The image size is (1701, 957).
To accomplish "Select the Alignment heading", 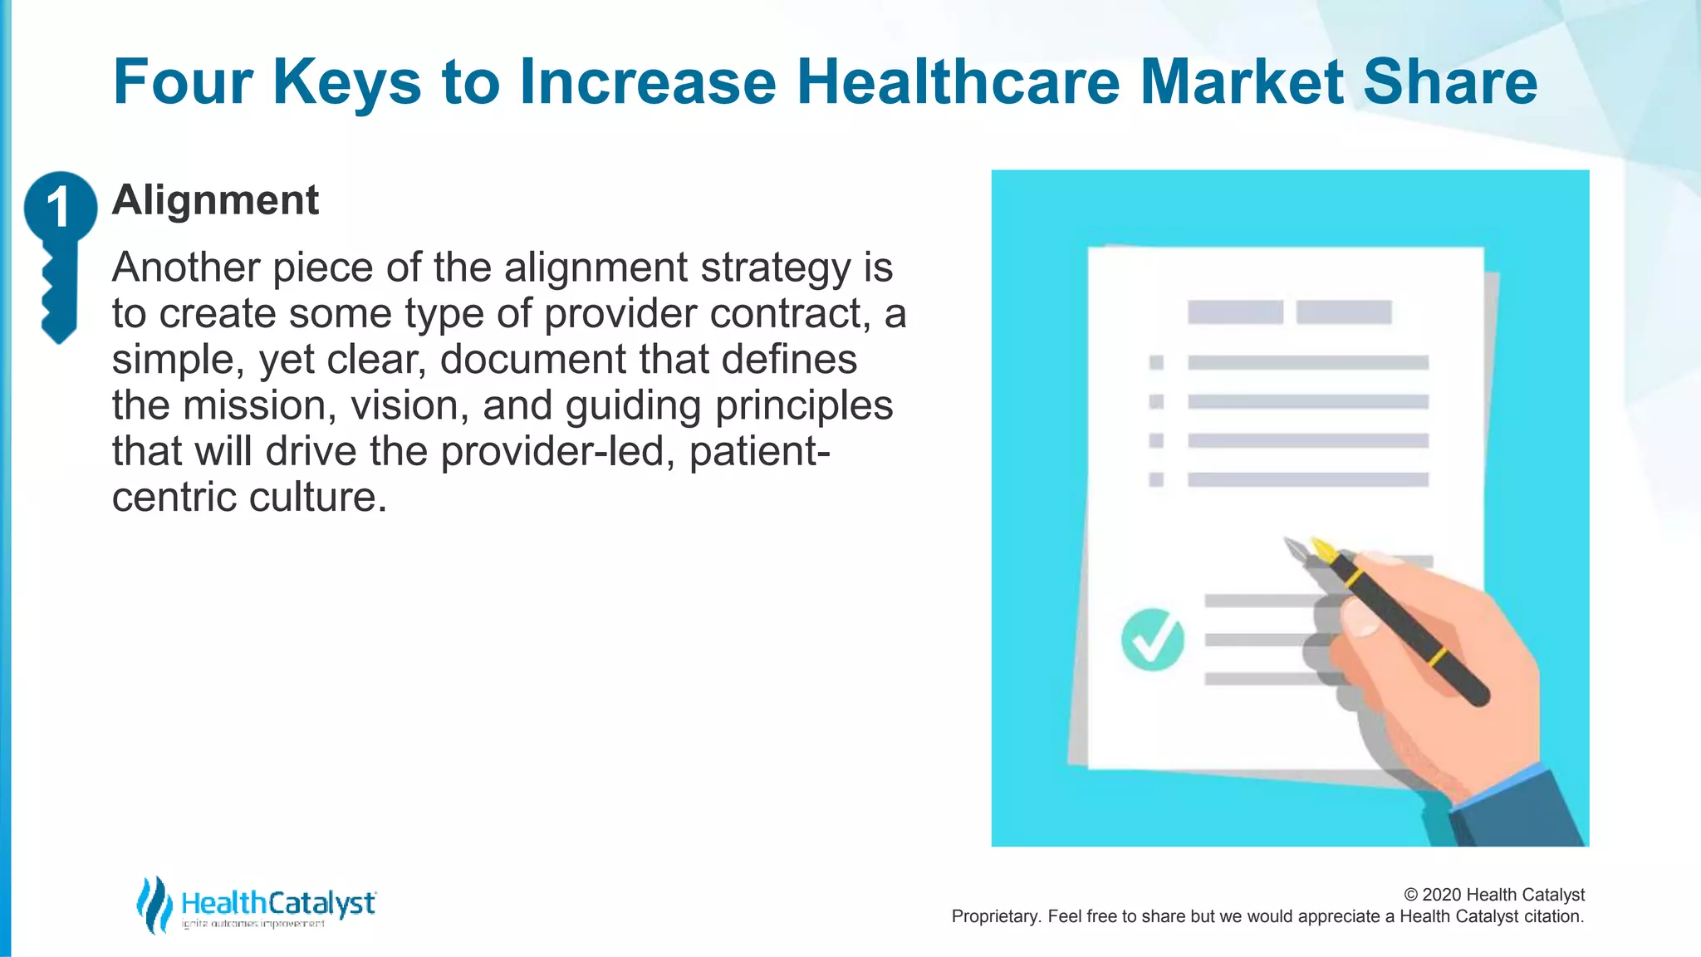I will (x=215, y=200).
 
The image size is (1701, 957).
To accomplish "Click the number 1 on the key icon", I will (x=58, y=207).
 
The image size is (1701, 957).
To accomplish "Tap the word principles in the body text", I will (x=803, y=406).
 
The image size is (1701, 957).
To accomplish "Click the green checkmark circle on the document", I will (x=1152, y=639).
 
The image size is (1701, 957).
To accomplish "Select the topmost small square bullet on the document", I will (x=1156, y=362).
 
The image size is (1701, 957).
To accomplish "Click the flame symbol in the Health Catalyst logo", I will (x=154, y=904).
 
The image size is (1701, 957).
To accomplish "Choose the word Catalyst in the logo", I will (x=321, y=903).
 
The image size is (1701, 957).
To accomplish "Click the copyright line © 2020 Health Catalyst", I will (x=1493, y=895).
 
